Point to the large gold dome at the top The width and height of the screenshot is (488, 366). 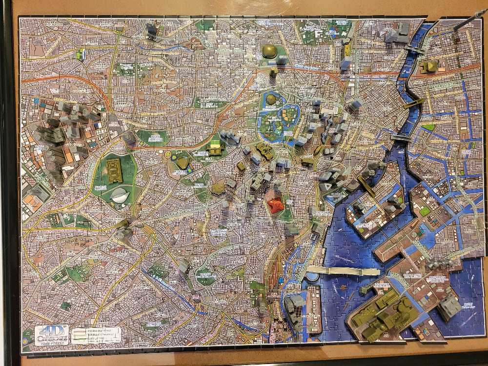pyautogui.click(x=269, y=51)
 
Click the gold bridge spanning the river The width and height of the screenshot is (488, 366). pyautogui.click(x=414, y=103)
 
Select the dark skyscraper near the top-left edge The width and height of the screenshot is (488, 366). pyautogui.click(x=152, y=30)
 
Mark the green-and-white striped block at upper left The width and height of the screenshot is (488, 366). pyautogui.click(x=80, y=54)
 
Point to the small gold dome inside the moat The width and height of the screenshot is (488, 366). pyautogui.click(x=271, y=100)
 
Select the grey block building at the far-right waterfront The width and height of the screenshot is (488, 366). pyautogui.click(x=449, y=306)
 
